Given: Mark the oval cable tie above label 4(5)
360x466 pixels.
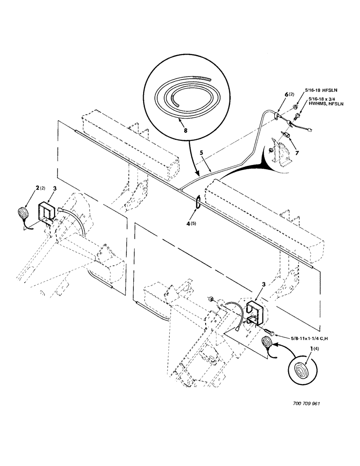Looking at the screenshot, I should [x=197, y=204].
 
